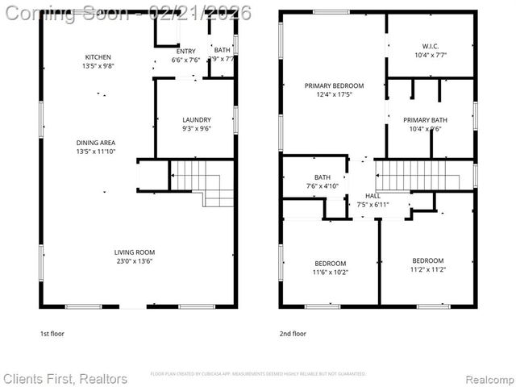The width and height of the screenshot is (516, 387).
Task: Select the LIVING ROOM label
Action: tap(135, 252)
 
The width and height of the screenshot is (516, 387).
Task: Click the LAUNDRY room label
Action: tap(196, 119)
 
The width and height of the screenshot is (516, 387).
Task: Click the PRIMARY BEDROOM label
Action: tap(334, 85)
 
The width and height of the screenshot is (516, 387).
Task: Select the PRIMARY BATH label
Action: tap(425, 120)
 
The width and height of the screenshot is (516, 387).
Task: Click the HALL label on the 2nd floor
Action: tap(372, 196)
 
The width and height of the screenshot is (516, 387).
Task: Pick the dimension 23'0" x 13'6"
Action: tap(135, 261)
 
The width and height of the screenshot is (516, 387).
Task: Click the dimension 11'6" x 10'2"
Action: tap(331, 273)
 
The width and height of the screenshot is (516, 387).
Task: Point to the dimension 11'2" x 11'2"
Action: tap(427, 270)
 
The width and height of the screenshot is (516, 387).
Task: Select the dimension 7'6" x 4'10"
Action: tap(322, 186)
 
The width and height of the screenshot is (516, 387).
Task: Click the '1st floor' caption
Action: tap(54, 333)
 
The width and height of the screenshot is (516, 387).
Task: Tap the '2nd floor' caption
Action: tap(293, 333)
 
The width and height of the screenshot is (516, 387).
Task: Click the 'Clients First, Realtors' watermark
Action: tap(65, 378)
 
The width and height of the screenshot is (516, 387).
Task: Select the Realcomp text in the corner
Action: tap(487, 378)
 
